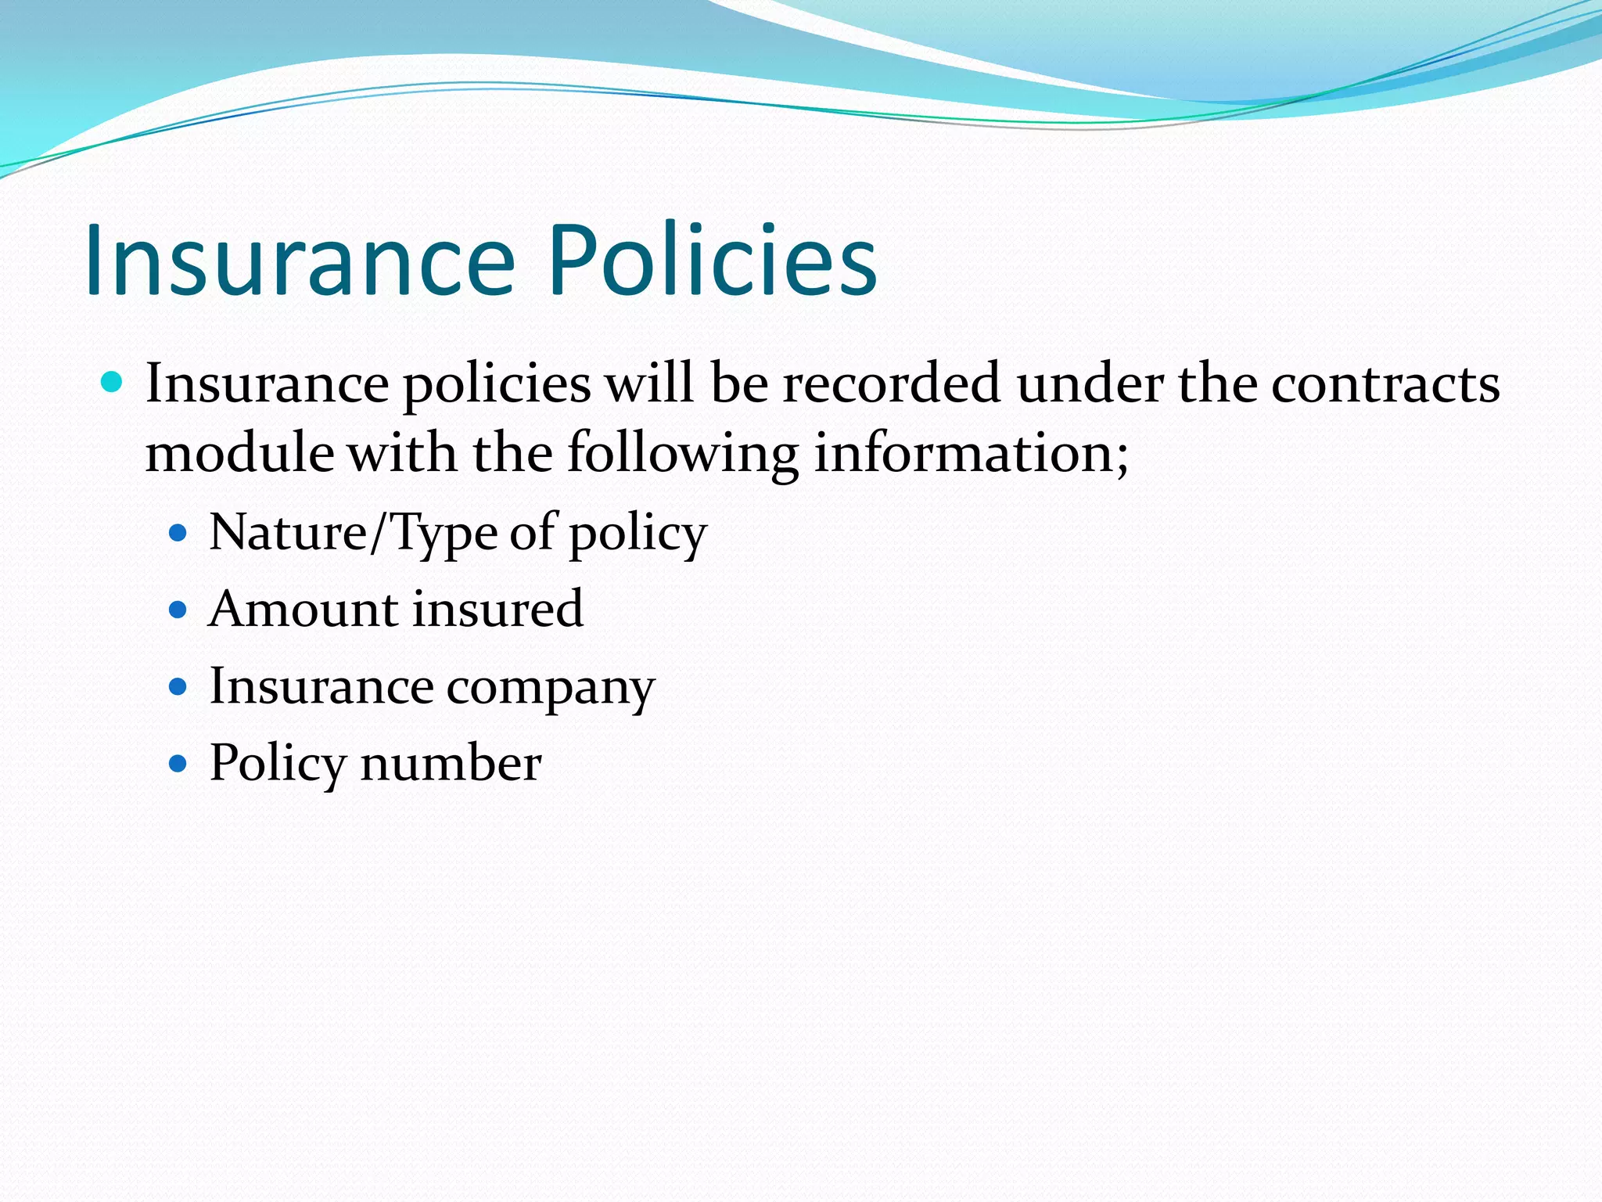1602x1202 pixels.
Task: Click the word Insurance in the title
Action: coord(300,260)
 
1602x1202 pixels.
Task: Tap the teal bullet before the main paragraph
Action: coord(113,383)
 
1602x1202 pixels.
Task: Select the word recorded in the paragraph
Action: coord(892,383)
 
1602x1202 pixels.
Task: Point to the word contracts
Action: coord(1385,383)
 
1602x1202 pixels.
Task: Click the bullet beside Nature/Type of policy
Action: coord(178,534)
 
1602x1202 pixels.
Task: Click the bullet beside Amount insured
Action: coord(178,610)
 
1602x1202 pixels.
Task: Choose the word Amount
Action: coord(304,609)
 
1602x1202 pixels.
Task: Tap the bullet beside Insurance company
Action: coord(178,687)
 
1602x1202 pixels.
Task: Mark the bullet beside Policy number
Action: coord(178,763)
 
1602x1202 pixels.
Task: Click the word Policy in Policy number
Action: coord(278,764)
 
